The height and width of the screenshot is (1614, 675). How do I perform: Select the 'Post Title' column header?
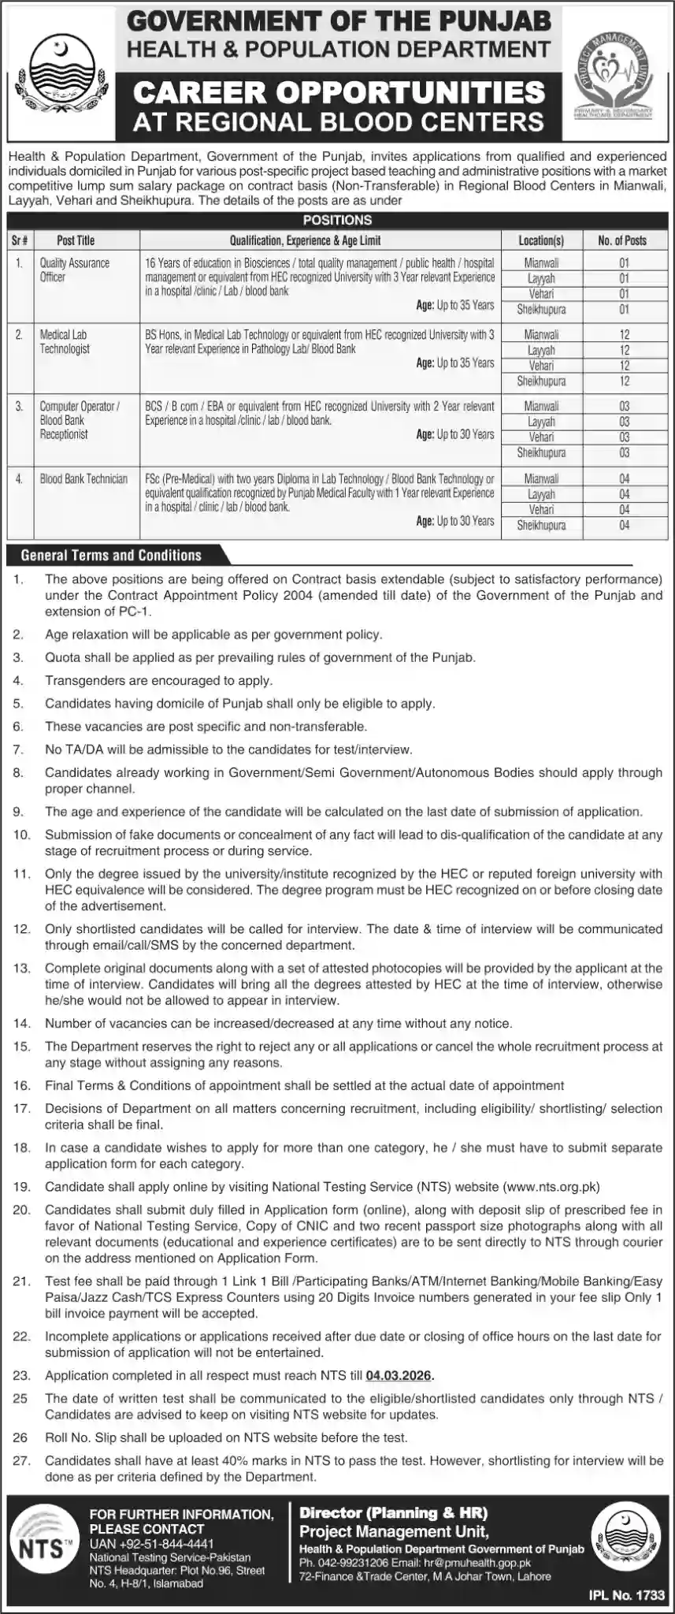pos(76,240)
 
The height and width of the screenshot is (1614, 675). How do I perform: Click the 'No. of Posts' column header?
pos(622,240)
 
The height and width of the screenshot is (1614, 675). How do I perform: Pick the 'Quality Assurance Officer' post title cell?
pos(75,270)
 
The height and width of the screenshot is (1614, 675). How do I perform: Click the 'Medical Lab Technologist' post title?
pos(65,341)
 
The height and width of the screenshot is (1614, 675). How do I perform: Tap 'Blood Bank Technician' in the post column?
pos(84,479)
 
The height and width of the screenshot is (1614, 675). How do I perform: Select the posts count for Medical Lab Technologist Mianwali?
pos(624,335)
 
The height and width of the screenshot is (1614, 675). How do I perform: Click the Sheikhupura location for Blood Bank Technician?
pos(541,525)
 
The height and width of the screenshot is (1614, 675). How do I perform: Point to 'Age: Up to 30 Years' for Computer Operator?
pos(455,434)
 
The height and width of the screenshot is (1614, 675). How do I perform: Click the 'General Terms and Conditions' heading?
pos(111,556)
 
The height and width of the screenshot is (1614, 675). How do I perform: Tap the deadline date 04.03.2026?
pos(399,1375)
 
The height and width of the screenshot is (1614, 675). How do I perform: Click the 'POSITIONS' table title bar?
pos(337,221)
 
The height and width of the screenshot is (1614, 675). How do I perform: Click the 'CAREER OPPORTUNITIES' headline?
pos(339,92)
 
